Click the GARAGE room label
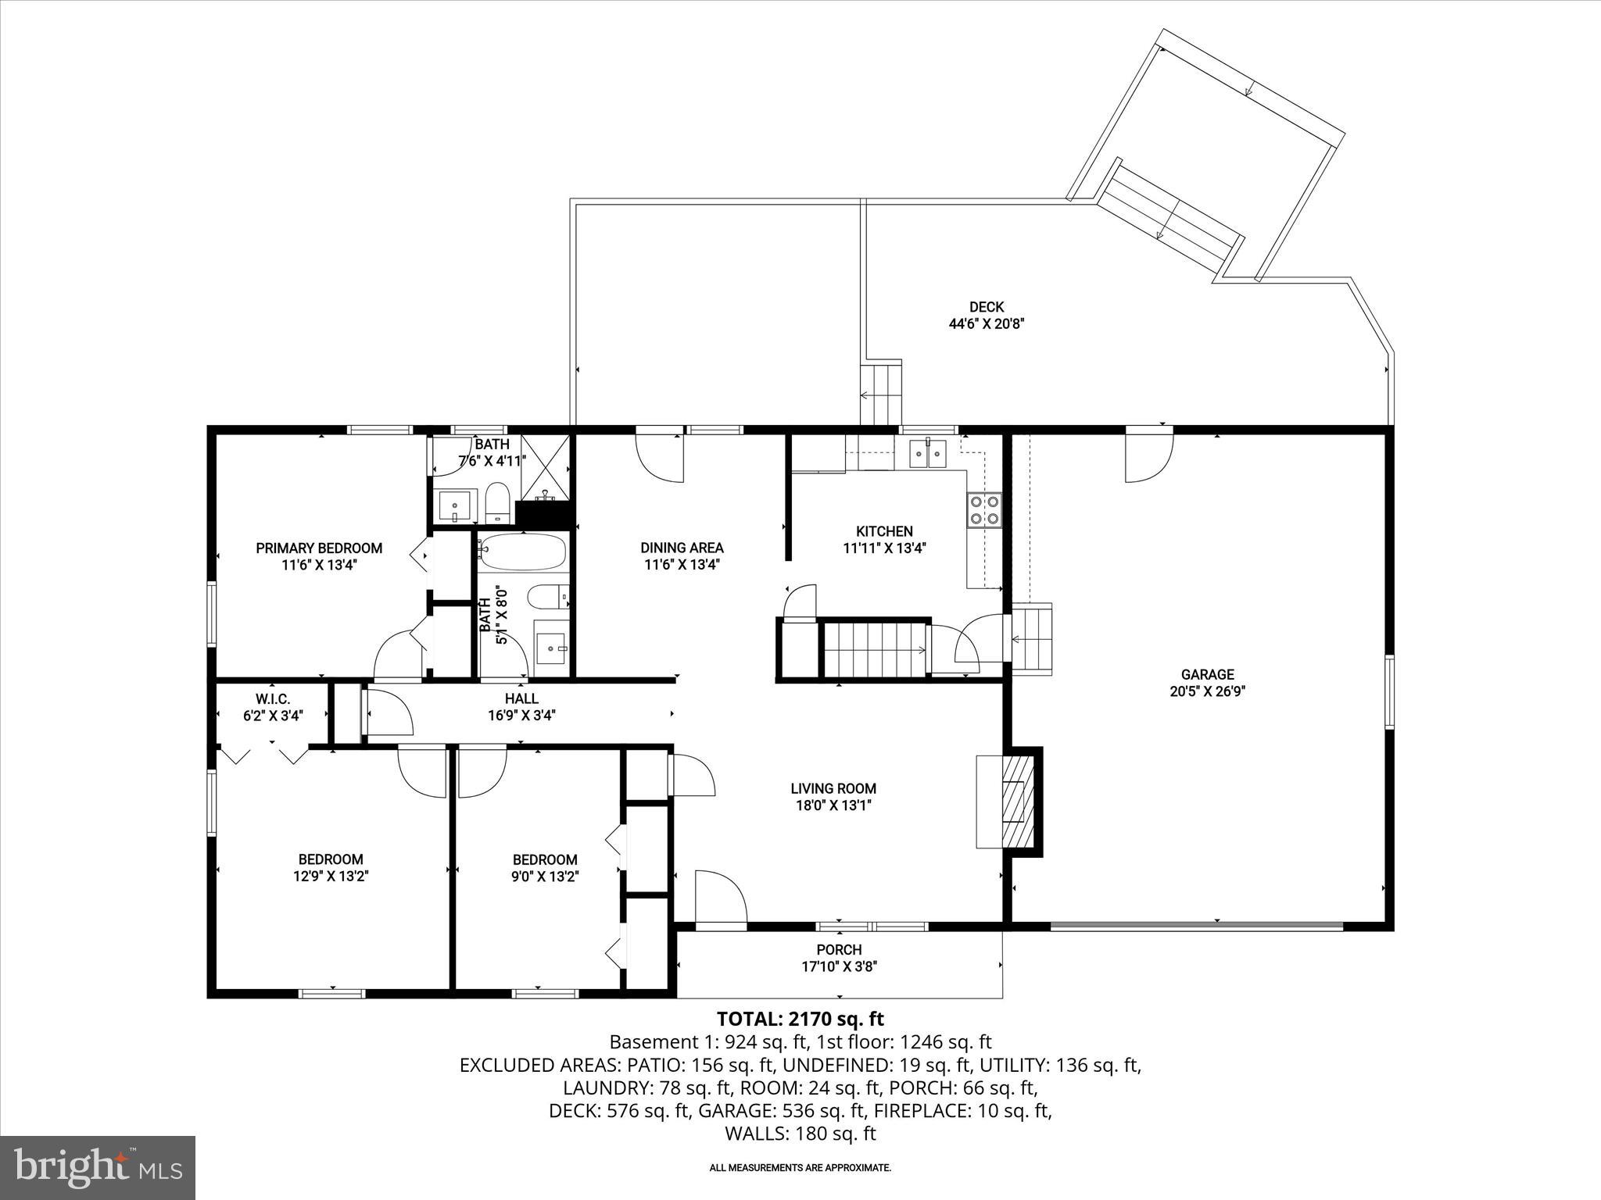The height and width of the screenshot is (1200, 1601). coord(1207,674)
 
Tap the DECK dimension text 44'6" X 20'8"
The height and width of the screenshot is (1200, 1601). coord(987,323)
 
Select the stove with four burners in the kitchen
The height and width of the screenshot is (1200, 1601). coord(984,510)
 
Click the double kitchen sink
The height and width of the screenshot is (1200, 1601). coord(928,453)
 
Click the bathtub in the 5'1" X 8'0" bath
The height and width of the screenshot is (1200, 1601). coord(522,552)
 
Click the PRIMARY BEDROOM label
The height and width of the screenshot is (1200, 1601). coord(319,548)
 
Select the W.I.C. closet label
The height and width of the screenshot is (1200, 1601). coord(273,698)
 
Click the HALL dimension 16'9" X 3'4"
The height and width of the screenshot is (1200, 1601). coord(521,715)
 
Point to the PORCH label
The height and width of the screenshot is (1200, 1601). coord(839,949)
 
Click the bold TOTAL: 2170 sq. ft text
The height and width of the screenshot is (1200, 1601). coord(800,1019)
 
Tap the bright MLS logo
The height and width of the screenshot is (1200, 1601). coord(98,1167)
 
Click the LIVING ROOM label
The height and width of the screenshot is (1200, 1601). coord(833,788)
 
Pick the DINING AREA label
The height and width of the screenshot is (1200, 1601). coord(682,548)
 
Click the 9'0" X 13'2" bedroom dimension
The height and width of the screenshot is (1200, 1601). coord(545,877)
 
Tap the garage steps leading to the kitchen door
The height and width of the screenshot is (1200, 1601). coord(1032,638)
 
